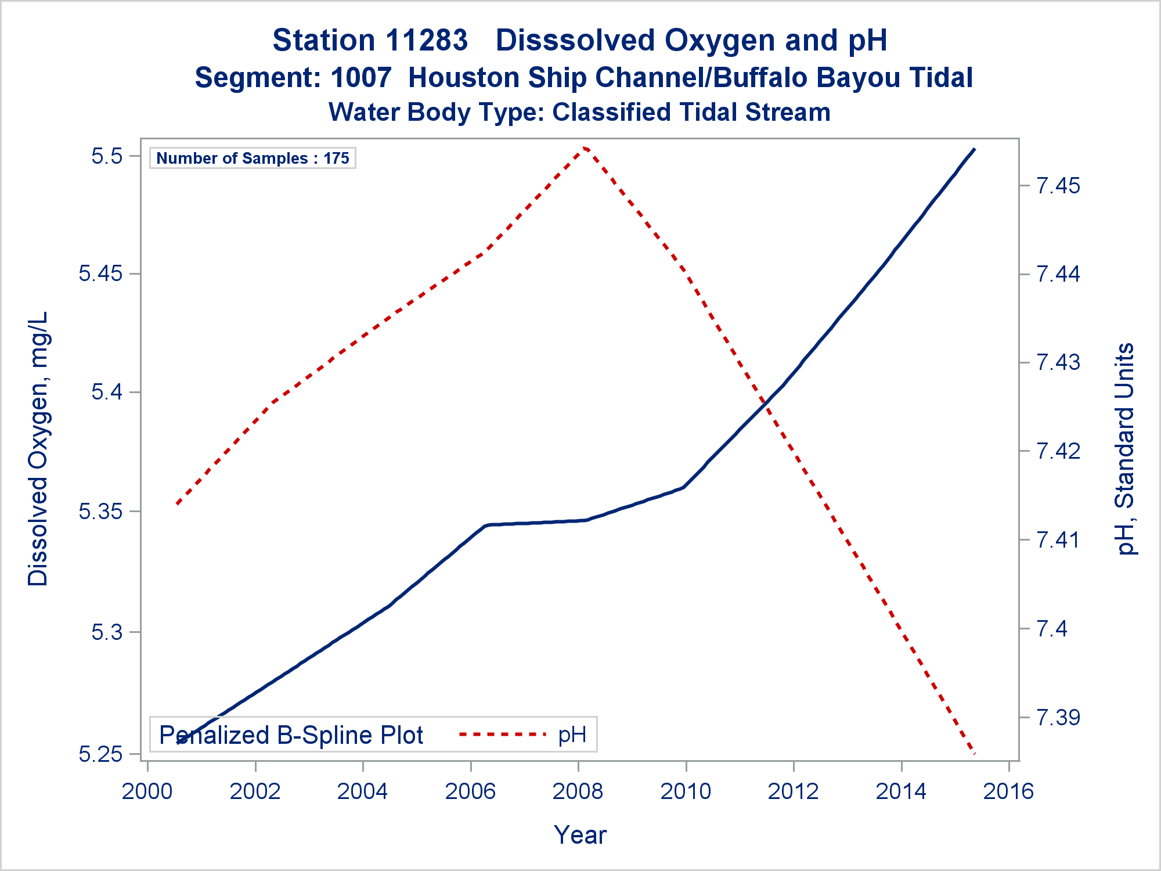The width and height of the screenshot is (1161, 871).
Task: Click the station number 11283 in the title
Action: click(427, 41)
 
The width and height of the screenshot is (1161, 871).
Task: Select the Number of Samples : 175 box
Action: click(253, 158)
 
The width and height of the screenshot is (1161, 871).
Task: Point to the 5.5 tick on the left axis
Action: click(107, 156)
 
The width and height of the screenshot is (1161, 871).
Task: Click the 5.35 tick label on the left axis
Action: click(100, 512)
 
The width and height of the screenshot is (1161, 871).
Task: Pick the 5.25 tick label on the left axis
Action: click(100, 754)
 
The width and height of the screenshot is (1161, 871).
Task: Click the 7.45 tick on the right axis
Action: click(1058, 186)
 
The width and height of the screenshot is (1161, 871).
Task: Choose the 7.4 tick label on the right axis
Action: click(1051, 628)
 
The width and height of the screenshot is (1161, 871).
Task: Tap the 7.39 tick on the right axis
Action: click(1058, 718)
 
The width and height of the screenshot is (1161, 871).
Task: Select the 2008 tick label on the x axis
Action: click(578, 791)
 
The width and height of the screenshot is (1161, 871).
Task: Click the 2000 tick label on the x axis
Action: click(147, 791)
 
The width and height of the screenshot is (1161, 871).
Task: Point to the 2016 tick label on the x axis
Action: click(1009, 791)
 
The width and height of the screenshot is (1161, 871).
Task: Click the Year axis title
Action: click(580, 835)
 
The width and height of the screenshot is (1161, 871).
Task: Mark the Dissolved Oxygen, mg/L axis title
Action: click(38, 449)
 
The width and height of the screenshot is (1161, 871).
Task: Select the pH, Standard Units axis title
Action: click(1125, 449)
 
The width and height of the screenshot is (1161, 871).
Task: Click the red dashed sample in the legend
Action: click(503, 735)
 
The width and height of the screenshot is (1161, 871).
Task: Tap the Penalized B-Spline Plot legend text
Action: click(291, 735)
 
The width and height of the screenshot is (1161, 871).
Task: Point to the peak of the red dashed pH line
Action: click(585, 149)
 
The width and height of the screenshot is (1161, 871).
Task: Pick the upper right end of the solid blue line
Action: click(974, 149)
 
